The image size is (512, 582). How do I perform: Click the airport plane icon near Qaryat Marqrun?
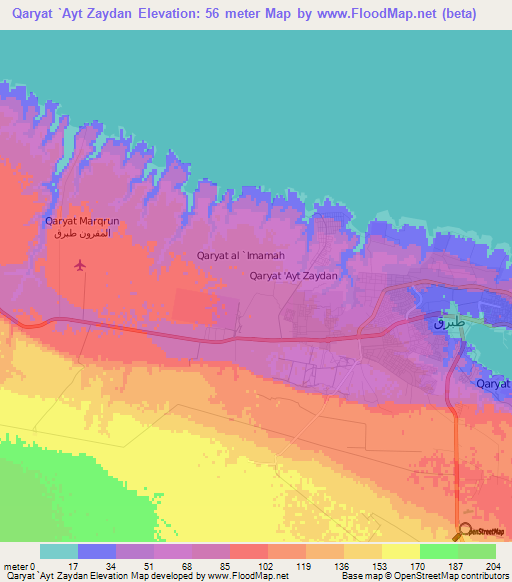pyautogui.click(x=80, y=265)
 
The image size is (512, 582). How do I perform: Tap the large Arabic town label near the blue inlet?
pyautogui.click(x=450, y=324)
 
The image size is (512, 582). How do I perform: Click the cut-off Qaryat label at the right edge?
pyautogui.click(x=493, y=383)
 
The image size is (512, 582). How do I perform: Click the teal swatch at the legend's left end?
pyautogui.click(x=58, y=551)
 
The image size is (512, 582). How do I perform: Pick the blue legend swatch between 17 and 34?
pyautogui.click(x=96, y=551)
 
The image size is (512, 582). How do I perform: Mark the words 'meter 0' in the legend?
pyautogui.click(x=19, y=566)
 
